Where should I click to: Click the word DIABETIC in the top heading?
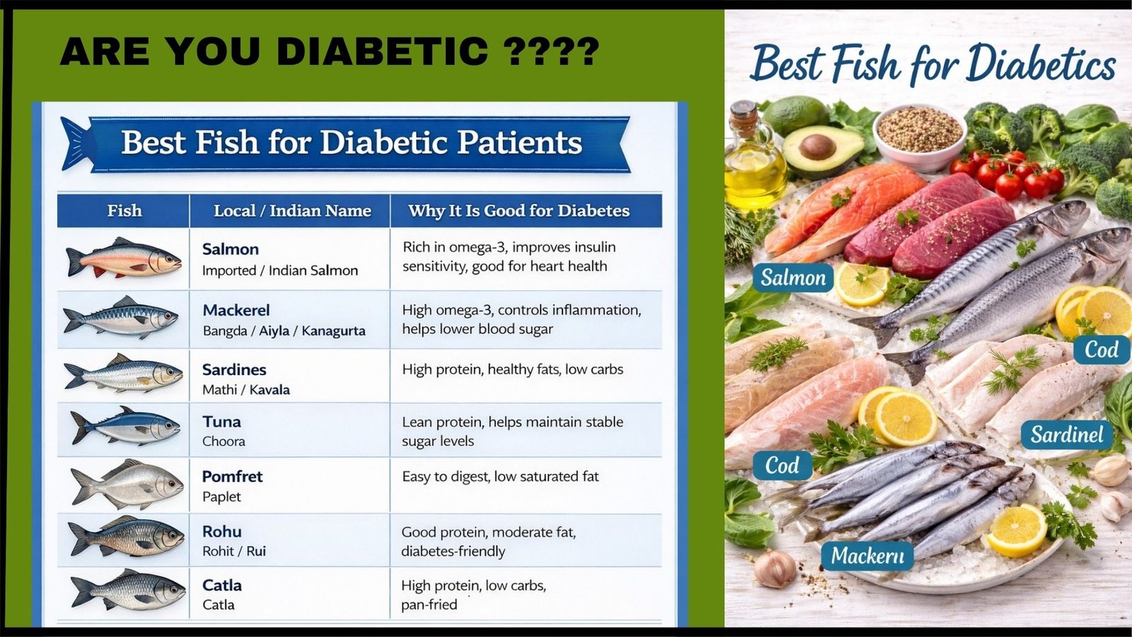pyautogui.click(x=383, y=51)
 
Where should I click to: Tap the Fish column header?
pyautogui.click(x=125, y=210)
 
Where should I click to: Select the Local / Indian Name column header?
pyautogui.click(x=292, y=210)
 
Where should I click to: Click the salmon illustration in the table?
pyautogui.click(x=123, y=258)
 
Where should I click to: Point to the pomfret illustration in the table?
pyautogui.click(x=127, y=485)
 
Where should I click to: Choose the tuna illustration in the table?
pyautogui.click(x=126, y=425)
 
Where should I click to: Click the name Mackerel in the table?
pyautogui.click(x=236, y=310)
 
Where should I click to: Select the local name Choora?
pyautogui.click(x=224, y=442)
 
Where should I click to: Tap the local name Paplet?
pyautogui.click(x=221, y=497)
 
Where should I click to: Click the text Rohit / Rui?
pyautogui.click(x=234, y=551)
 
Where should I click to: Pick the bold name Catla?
pyautogui.click(x=222, y=585)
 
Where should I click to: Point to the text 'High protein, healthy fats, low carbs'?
pyautogui.click(x=512, y=369)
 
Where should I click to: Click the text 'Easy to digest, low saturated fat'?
pyautogui.click(x=500, y=477)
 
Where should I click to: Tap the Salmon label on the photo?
pyautogui.click(x=793, y=277)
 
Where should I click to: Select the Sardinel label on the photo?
pyautogui.click(x=1067, y=435)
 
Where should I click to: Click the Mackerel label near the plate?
pyautogui.click(x=867, y=556)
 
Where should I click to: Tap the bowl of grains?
pyautogui.click(x=919, y=137)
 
